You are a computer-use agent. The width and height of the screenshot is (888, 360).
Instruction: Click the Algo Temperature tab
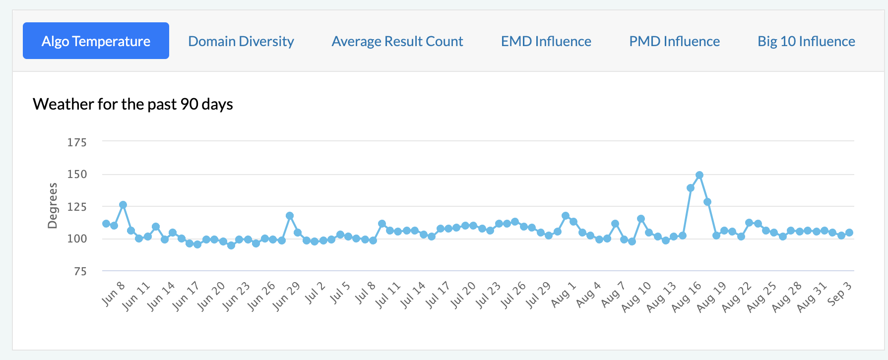[96, 41]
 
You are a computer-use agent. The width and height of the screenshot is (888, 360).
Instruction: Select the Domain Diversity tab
[241, 41]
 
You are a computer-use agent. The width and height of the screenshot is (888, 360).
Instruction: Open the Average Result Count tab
[397, 41]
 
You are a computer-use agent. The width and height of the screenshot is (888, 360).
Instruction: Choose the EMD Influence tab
[546, 41]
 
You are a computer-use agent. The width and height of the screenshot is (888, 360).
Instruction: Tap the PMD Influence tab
[674, 41]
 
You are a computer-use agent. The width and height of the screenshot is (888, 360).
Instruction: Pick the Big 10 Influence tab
[806, 41]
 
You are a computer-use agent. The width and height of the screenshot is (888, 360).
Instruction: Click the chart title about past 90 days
[133, 104]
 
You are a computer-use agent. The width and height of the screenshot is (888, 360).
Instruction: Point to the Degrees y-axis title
[53, 205]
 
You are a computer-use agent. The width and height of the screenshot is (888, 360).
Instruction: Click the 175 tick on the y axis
[77, 142]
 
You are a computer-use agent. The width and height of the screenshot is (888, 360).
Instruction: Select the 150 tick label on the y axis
[77, 174]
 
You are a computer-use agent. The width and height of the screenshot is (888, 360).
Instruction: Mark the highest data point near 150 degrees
[699, 175]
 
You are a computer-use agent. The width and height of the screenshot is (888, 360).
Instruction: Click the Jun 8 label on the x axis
[113, 294]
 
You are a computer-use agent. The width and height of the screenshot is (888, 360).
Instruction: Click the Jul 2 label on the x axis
[315, 293]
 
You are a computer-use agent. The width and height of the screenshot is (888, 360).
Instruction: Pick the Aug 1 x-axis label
[564, 294]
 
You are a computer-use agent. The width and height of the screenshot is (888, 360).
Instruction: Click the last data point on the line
[849, 233]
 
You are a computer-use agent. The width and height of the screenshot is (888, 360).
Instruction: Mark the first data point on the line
[106, 224]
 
